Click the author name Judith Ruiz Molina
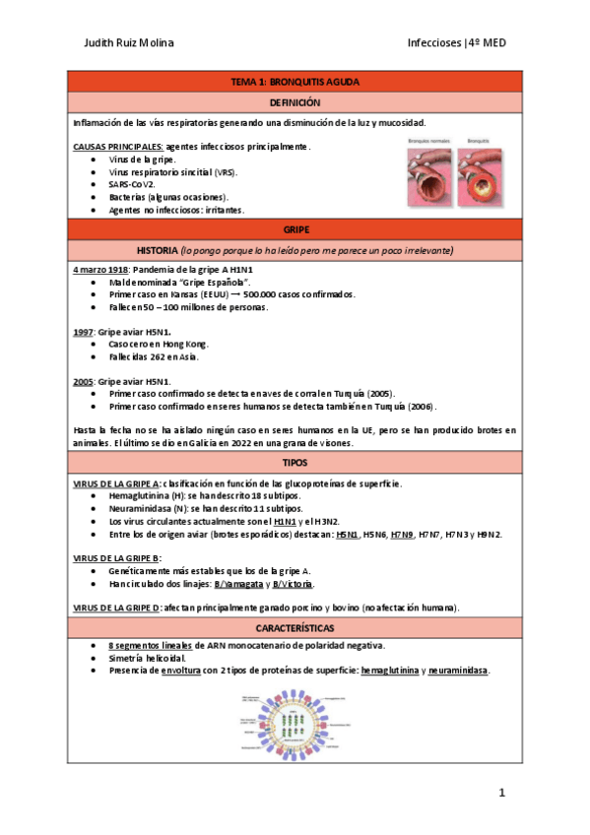[x=130, y=42]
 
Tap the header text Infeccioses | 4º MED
[x=456, y=42]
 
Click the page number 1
[x=501, y=793]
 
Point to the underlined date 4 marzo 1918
[x=101, y=269]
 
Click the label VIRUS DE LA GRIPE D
[x=116, y=608]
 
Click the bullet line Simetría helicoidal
[x=149, y=658]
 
